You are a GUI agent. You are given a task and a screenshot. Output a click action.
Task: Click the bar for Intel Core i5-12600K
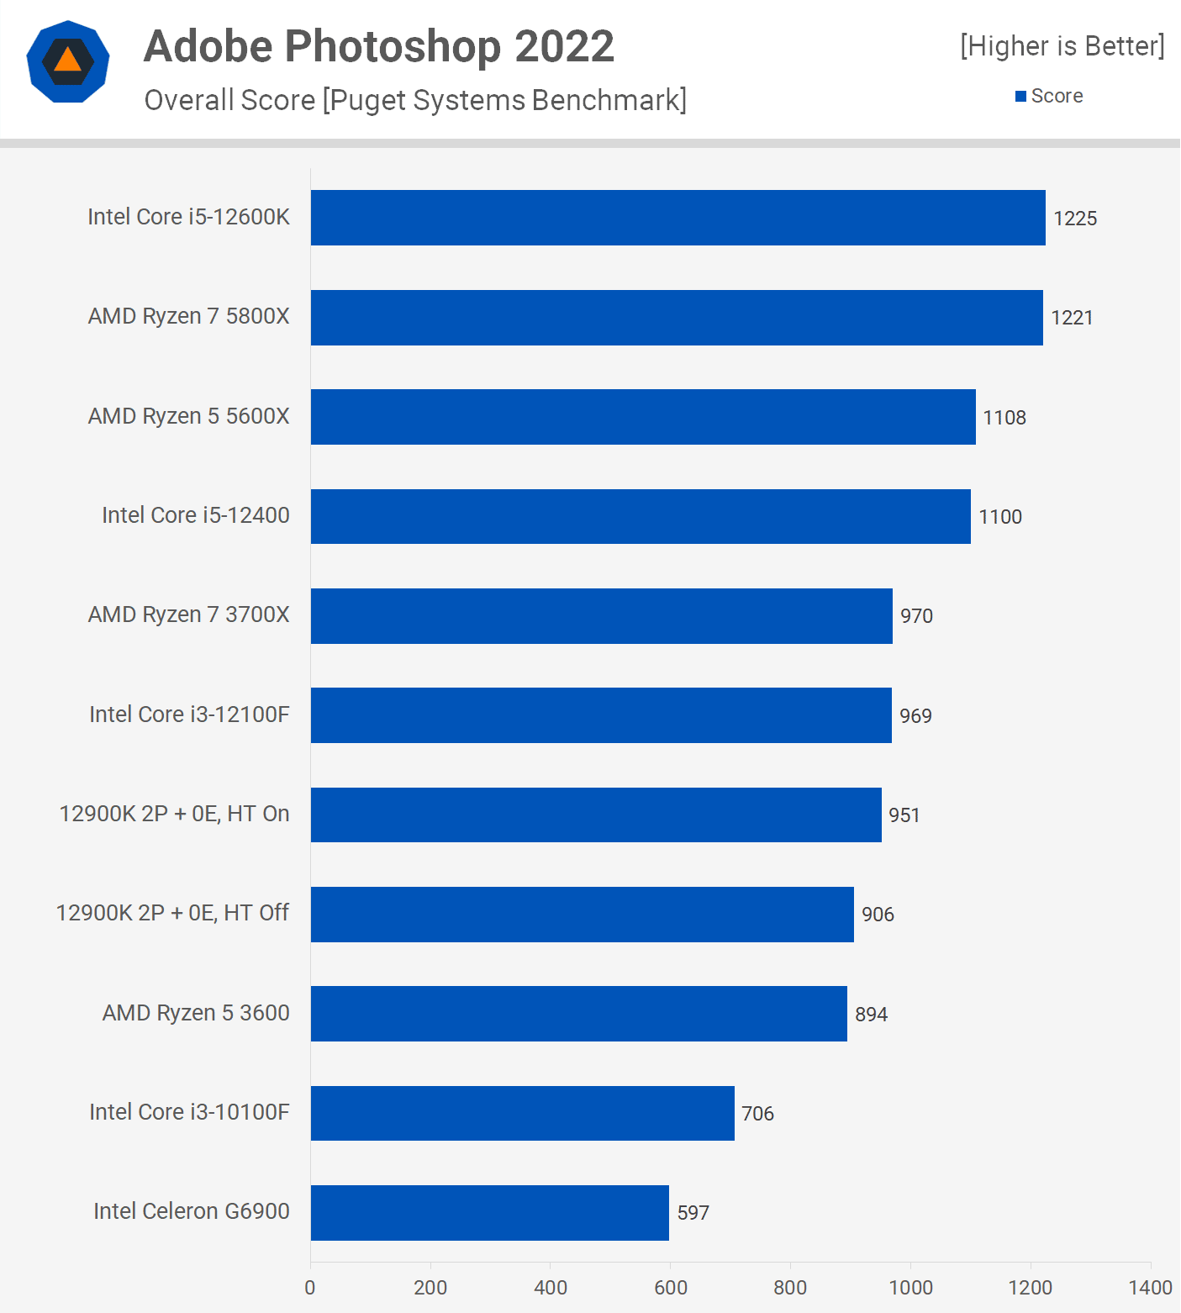pos(677,218)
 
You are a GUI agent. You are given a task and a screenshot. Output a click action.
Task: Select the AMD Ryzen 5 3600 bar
pos(578,1014)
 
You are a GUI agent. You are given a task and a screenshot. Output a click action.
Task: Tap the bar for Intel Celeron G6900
pos(489,1213)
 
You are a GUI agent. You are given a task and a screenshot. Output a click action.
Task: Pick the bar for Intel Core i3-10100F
pos(522,1113)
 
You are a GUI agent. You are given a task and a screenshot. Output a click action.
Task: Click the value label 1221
pos(1072,318)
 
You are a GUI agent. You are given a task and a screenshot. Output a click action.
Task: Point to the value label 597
pos(693,1213)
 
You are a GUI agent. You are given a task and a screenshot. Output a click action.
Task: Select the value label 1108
pos(1004,418)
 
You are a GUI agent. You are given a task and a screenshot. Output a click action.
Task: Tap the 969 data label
pos(915,716)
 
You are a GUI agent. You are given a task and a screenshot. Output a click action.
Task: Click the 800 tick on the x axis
pos(790,1288)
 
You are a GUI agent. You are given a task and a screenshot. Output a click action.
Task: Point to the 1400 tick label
pos(1150,1288)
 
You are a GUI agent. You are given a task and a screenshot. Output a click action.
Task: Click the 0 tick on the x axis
pos(310,1288)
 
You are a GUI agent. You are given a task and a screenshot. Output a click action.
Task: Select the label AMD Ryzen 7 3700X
pos(189,614)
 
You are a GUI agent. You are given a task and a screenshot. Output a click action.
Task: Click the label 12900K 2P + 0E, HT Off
pos(172,913)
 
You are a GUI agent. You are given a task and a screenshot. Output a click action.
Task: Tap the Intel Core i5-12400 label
pos(196,515)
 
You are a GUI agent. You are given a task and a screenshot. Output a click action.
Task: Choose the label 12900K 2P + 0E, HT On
pos(174,814)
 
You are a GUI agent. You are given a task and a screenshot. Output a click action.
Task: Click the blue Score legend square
pos(1020,97)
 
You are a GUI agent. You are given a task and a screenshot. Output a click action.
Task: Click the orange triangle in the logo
pos(67,61)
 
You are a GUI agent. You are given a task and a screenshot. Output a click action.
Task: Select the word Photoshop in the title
pos(393,47)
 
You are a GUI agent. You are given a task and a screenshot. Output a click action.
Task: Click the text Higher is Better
pos(1062,46)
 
